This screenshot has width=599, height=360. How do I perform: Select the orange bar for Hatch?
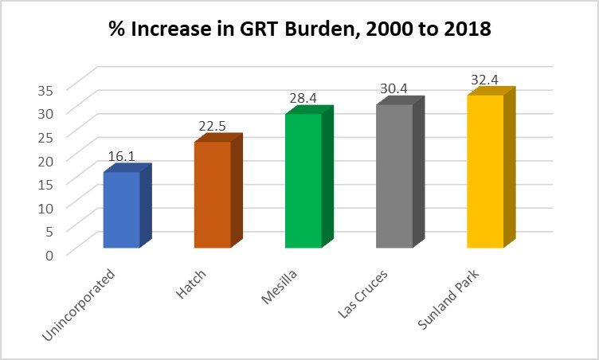pyautogui.click(x=212, y=194)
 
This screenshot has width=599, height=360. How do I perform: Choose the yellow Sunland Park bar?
pyautogui.click(x=485, y=170)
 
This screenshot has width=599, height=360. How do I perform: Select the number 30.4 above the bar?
pyautogui.click(x=393, y=88)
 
